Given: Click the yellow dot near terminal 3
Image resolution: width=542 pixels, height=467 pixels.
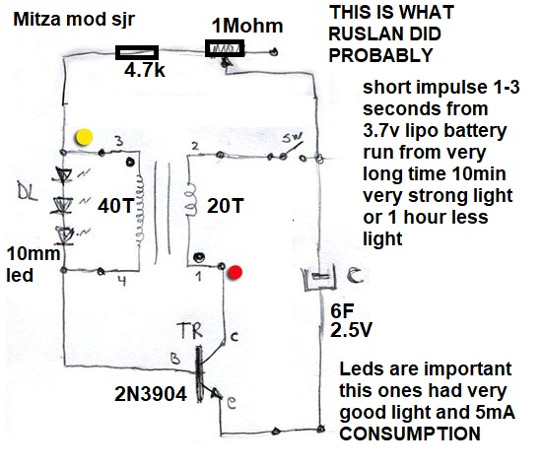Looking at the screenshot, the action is (x=84, y=137).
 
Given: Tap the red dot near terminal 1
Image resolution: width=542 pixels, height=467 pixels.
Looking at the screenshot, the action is (x=236, y=272).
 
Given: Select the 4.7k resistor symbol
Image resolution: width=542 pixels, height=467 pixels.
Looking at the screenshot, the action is (x=137, y=52).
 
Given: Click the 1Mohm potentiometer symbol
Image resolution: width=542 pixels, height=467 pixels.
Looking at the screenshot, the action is (x=225, y=48).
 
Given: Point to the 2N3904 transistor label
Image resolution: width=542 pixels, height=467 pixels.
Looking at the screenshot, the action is (x=151, y=394).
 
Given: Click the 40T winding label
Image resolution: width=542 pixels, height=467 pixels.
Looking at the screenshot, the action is (x=115, y=206).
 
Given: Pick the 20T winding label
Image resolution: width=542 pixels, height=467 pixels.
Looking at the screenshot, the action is (x=226, y=206).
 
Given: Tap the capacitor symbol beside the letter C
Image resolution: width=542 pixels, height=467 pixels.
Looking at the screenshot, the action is (x=319, y=277).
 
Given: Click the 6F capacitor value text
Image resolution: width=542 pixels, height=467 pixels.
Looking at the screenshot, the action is (x=342, y=310).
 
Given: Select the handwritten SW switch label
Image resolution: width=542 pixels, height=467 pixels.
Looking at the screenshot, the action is (x=292, y=138).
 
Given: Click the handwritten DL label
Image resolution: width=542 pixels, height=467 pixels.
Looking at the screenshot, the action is (x=28, y=193).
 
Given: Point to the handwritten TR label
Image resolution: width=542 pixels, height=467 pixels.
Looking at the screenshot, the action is (x=190, y=330).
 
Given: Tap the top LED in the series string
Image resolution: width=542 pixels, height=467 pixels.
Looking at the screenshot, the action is (x=63, y=175).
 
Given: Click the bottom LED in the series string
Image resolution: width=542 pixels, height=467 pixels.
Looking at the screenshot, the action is (x=64, y=236).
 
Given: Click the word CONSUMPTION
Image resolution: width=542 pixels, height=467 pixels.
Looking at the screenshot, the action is (x=410, y=434).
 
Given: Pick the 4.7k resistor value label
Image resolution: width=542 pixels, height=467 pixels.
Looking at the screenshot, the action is (x=145, y=71).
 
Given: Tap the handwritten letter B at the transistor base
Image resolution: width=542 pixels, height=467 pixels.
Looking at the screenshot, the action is (x=175, y=359).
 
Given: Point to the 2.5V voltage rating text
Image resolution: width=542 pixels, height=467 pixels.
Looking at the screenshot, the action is (x=351, y=330).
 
